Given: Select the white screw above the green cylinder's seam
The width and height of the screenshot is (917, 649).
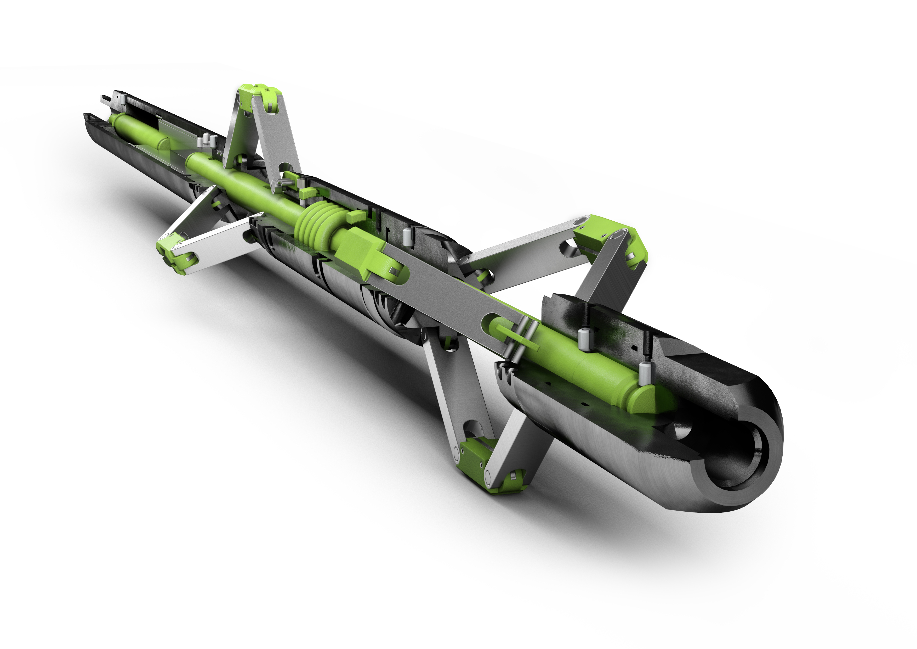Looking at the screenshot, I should (584, 339).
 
